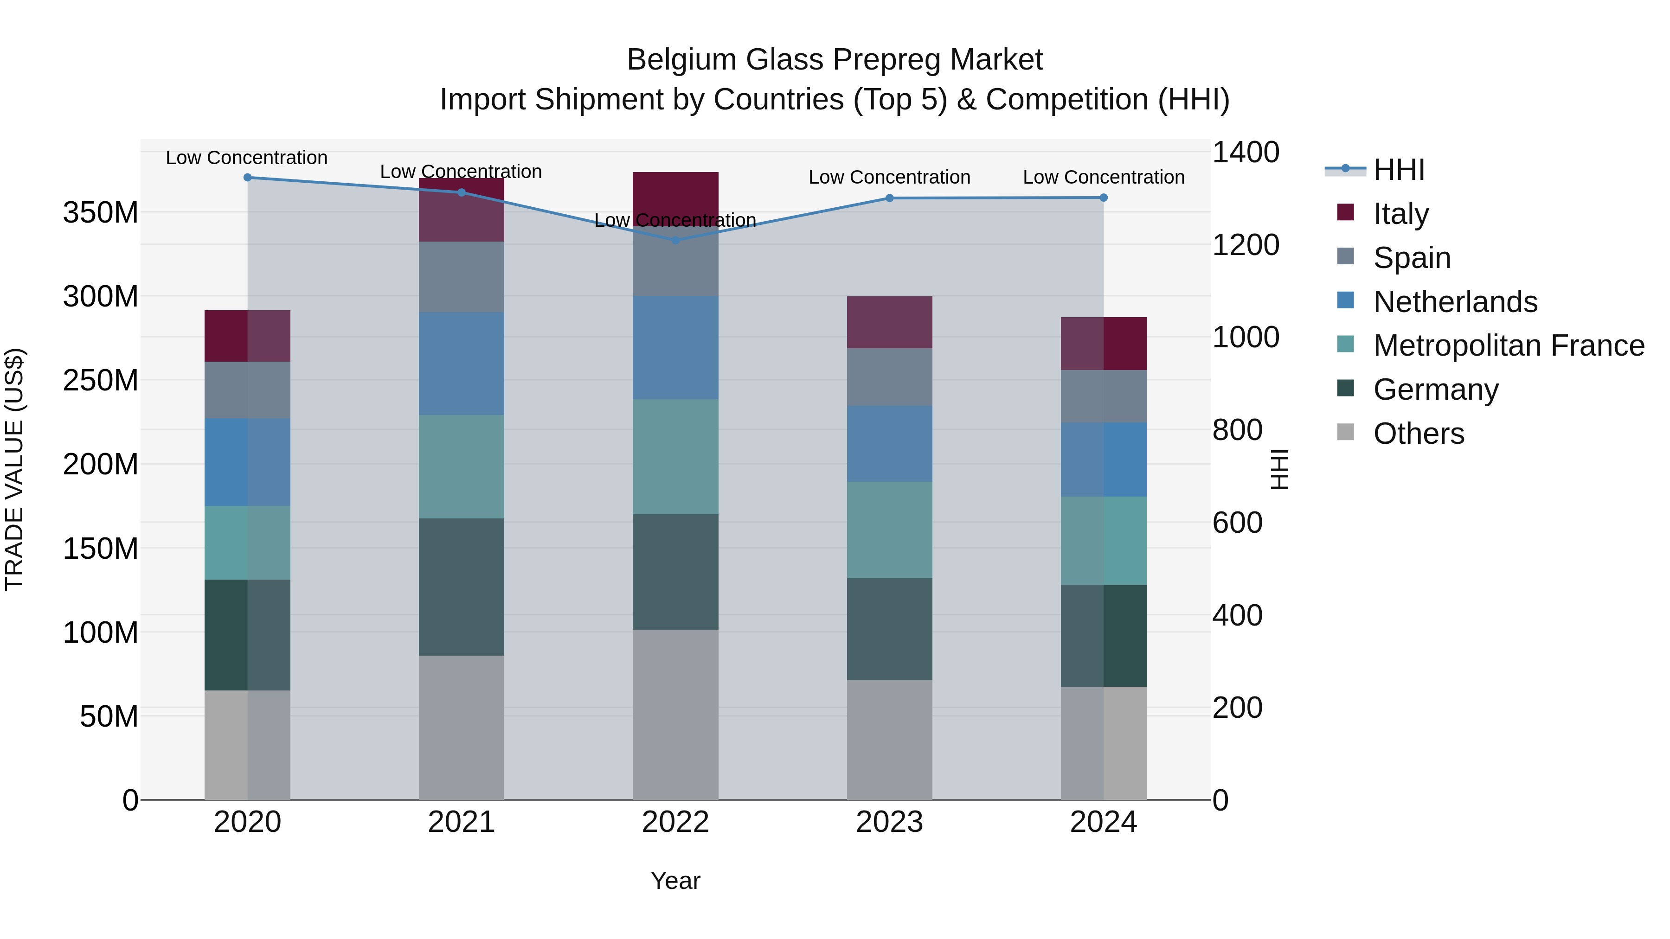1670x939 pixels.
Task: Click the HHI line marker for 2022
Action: [x=675, y=240]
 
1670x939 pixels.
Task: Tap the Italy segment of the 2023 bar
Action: [x=889, y=322]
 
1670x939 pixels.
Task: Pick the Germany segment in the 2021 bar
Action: [x=461, y=587]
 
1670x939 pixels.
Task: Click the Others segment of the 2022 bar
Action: [x=675, y=714]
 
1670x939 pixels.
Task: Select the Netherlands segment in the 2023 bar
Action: [x=889, y=443]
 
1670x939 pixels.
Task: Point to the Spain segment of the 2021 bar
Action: [x=461, y=277]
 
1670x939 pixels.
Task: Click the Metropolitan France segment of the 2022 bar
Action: [x=675, y=456]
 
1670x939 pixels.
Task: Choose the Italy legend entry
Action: [x=1400, y=213]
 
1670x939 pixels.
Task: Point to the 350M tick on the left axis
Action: [x=101, y=212]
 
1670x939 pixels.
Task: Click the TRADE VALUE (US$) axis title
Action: [x=14, y=469]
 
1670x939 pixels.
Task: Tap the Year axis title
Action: [x=675, y=881]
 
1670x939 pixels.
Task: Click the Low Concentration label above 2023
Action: [x=889, y=177]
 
